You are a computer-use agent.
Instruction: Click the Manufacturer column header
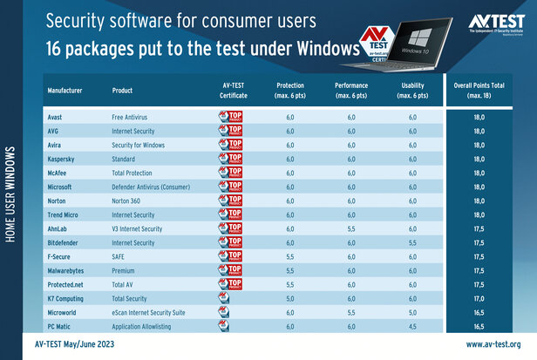click(65, 91)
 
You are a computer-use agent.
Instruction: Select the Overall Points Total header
click(481, 89)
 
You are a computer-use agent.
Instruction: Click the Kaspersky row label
click(60, 160)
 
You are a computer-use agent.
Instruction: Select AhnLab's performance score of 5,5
click(350, 228)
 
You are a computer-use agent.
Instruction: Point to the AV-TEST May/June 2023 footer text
click(86, 344)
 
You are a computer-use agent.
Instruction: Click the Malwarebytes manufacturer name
click(66, 271)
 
